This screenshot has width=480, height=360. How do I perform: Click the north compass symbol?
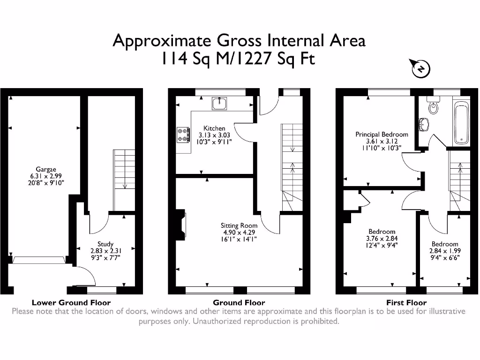point(420,69)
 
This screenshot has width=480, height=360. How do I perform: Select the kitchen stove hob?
point(183,135)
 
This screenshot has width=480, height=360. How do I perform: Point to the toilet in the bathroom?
point(433,107)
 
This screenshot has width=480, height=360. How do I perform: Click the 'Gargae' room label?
point(45,169)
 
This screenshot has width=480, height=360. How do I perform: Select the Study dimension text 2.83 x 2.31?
point(105,251)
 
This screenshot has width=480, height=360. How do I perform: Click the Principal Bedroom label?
point(382,135)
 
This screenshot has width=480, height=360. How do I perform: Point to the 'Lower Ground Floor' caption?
point(71,302)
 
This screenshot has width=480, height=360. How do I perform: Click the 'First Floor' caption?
point(406,302)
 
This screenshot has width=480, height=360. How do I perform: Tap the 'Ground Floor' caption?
point(239,302)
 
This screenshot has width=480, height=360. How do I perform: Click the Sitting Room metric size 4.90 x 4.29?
point(240,232)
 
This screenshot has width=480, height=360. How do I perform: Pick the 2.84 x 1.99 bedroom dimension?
point(445,251)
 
